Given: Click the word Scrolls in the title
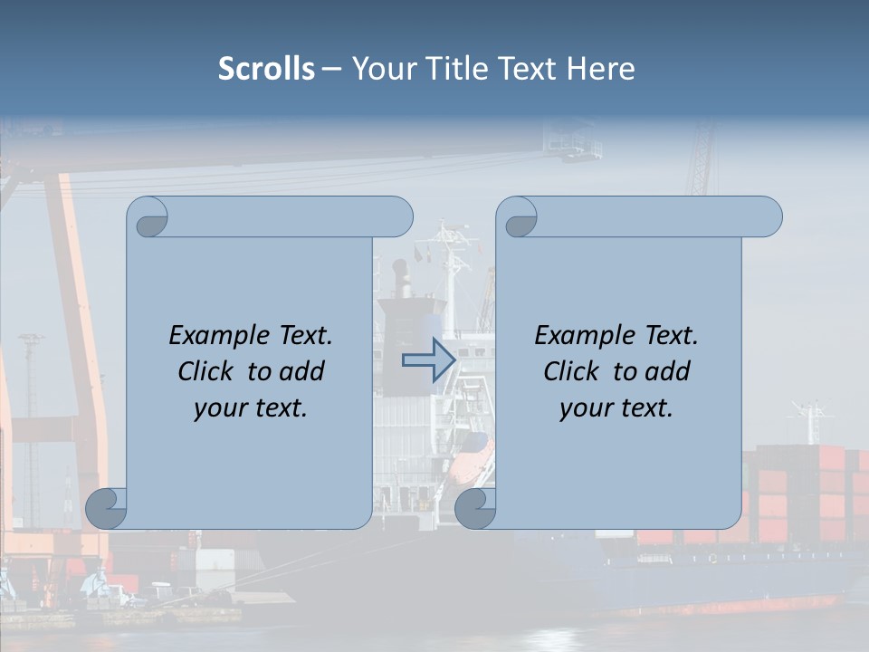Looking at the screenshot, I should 266,69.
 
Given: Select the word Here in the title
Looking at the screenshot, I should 601,69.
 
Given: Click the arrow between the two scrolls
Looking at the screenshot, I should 428,360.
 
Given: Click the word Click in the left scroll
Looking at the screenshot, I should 205,371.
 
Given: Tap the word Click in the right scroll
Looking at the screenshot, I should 570,371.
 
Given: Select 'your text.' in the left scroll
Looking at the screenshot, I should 251,408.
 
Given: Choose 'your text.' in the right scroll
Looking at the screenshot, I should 616,408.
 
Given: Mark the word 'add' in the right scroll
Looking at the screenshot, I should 668,371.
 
